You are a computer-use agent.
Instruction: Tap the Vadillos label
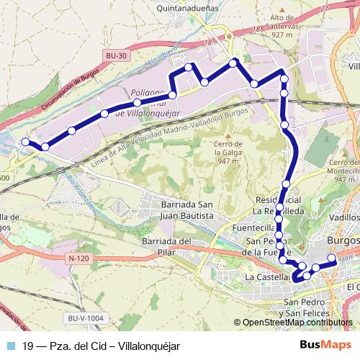click(343, 217)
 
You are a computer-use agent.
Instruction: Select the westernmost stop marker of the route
click(26, 143)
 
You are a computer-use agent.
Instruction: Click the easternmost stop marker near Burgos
click(332, 258)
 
